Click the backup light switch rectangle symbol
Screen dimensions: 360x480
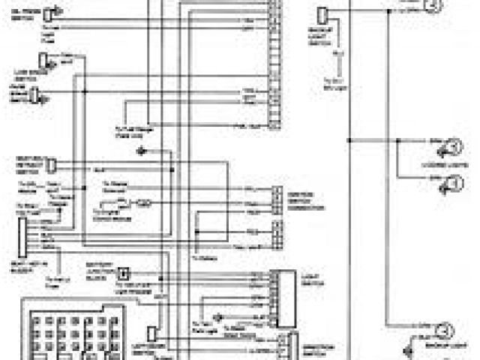pos(321,16)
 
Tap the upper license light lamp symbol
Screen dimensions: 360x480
pos(453,147)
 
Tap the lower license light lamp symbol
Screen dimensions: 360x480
pos(453,182)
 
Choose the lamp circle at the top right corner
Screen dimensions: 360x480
pos(431,7)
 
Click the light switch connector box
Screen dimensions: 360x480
pos(284,297)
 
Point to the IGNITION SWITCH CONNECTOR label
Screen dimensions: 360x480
pos(305,199)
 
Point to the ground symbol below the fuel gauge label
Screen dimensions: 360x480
pos(142,151)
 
